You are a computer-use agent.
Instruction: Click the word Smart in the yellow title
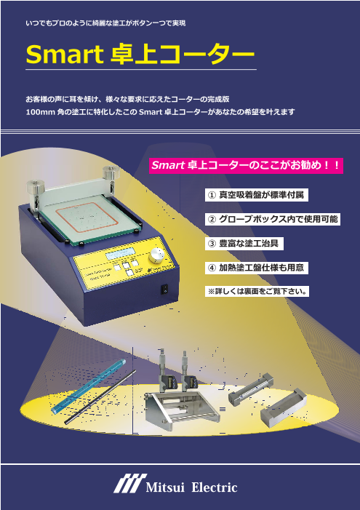[x=65, y=55]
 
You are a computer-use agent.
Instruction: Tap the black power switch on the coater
[x=164, y=289]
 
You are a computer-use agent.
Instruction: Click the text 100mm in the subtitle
[x=40, y=112]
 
